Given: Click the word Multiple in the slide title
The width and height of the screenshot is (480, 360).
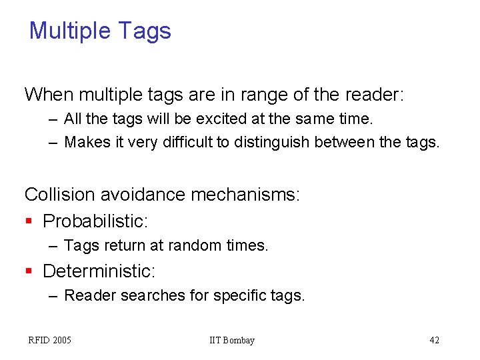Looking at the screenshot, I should coord(70,31).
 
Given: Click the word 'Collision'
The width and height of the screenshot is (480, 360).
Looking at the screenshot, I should coord(59,195).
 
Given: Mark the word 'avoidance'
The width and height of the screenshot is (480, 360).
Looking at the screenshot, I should coord(143,195).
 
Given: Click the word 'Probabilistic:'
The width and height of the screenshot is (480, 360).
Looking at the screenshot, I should coord(95,221).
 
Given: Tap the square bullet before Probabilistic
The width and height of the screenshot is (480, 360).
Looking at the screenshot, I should coord(28,221).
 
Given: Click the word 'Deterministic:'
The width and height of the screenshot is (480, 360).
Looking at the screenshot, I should coord(99,271).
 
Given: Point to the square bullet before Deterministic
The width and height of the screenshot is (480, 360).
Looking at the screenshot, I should coord(28,271).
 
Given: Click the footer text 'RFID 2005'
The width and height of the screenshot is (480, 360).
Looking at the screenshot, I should coord(49,341).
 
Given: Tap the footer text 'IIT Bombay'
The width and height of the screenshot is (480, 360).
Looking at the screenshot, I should coord(232,341).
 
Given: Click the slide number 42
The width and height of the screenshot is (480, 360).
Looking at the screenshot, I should coord(434,341).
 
